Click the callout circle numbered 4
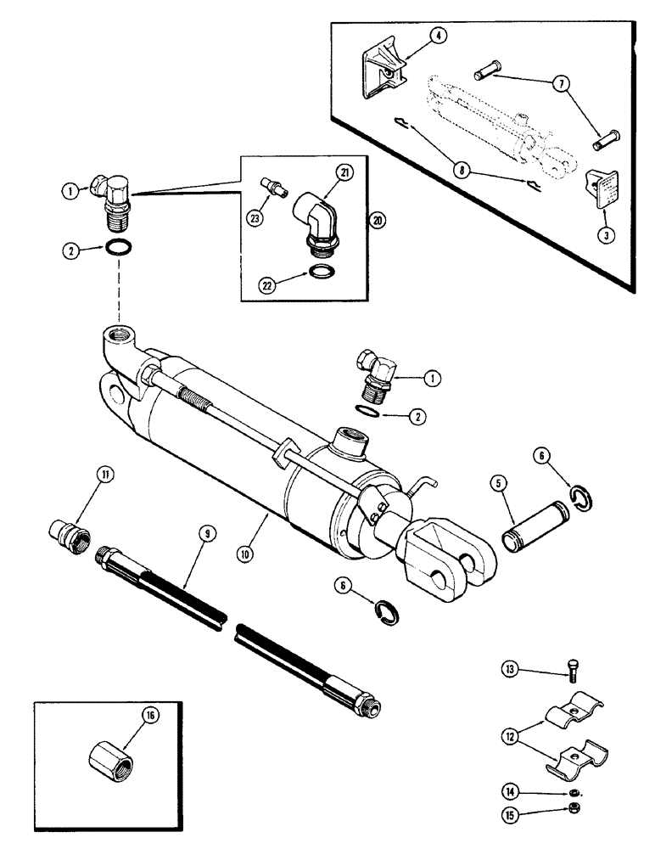(x=438, y=36)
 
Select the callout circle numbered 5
(x=500, y=486)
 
